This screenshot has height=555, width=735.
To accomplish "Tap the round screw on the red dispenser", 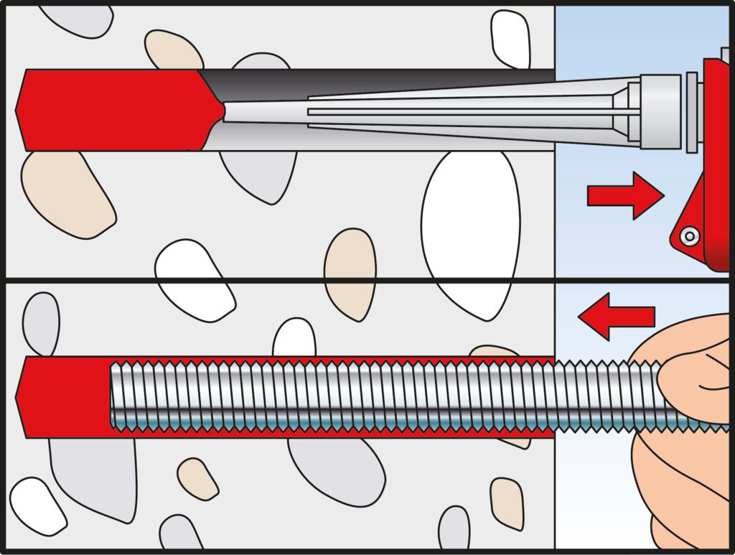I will [690, 235].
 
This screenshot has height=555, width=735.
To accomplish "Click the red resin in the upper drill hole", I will [108, 110].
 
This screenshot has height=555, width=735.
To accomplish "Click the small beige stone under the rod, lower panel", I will [198, 477].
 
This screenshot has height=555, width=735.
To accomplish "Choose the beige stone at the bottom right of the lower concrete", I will [507, 503].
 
